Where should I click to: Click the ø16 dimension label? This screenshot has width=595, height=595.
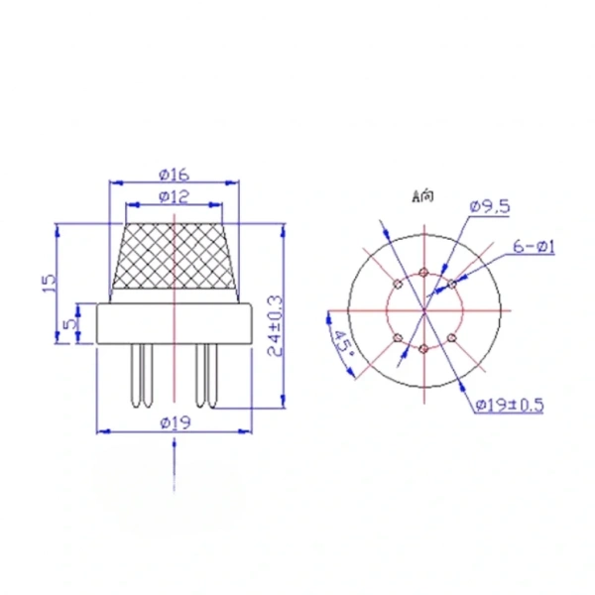point(175,175)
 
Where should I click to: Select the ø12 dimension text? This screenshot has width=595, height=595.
point(175,197)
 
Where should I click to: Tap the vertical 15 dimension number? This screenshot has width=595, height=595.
point(50,283)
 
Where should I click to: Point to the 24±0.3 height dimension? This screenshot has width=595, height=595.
point(276,326)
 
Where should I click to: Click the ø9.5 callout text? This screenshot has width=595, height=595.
point(490,207)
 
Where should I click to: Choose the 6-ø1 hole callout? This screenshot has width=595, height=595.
point(534,247)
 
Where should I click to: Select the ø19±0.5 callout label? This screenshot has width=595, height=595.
point(510,405)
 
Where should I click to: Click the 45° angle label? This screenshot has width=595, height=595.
point(344,343)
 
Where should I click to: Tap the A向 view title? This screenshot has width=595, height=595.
point(422,196)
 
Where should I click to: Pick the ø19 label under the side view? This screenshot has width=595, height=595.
point(176,422)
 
